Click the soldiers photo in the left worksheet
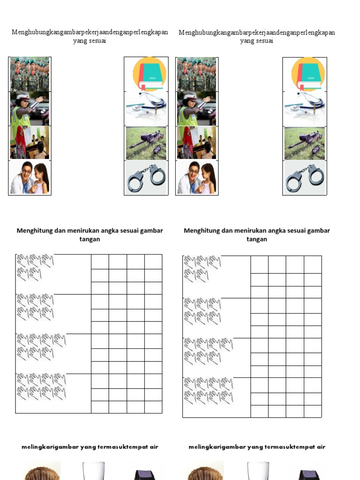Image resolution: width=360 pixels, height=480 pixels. click(x=30, y=74)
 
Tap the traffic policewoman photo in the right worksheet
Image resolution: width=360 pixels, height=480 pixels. click(x=196, y=109)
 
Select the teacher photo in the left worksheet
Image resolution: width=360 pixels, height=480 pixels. click(x=30, y=142)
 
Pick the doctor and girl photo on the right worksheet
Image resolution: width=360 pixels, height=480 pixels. click(x=196, y=178)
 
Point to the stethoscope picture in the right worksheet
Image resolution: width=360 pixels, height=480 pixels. click(x=304, y=108)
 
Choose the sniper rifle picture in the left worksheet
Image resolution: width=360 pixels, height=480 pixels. click(x=146, y=143)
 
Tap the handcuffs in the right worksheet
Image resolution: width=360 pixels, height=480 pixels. click(x=304, y=178)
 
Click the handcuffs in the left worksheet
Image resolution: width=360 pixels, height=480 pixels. click(x=146, y=178)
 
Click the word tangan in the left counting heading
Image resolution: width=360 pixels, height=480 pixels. click(x=90, y=239)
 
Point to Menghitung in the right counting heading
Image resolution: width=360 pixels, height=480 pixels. click(x=200, y=231)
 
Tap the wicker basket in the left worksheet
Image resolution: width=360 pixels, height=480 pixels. click(x=42, y=471)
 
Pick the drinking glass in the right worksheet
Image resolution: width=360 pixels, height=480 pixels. click(x=258, y=471)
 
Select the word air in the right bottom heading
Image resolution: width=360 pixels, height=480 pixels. click(x=320, y=447)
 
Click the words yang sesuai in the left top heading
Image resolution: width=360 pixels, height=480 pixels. click(x=90, y=41)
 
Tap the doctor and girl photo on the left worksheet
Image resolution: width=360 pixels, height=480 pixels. click(x=30, y=178)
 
